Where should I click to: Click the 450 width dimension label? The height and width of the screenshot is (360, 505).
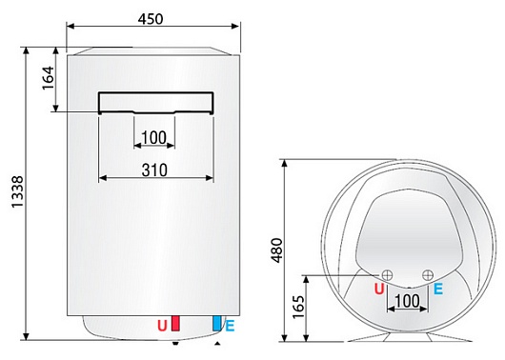150,20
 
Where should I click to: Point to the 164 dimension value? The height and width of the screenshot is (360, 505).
49,81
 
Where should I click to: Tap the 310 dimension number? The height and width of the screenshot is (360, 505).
153,170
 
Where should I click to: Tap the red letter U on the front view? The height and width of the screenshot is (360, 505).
161,327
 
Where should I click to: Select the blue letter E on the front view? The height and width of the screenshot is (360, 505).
230,327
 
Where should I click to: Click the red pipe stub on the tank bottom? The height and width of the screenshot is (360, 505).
175,321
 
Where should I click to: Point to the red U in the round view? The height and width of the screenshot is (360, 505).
379,289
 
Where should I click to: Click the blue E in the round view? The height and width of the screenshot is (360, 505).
437,289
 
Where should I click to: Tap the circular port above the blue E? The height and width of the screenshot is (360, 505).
426,276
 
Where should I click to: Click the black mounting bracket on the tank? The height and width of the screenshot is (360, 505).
153,99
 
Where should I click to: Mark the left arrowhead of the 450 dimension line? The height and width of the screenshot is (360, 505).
70,29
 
